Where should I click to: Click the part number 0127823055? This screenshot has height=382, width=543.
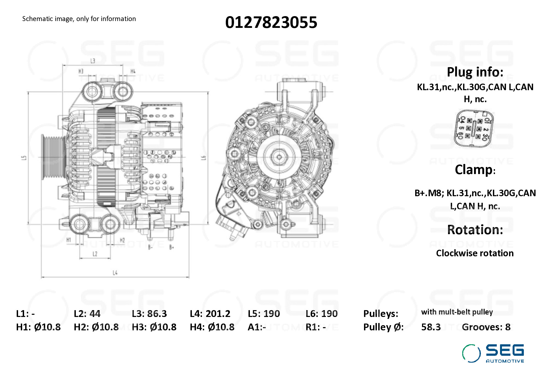coord(271,22)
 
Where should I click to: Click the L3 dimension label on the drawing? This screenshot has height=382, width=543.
coord(93,61)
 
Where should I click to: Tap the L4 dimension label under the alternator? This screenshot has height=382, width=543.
coord(115,272)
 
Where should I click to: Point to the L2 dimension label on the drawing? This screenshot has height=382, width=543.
coord(95,254)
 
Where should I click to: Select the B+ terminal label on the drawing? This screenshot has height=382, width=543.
coord(172,247)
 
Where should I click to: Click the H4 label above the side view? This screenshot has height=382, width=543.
coord(133,71)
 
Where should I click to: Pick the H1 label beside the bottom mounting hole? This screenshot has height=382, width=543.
coord(69,240)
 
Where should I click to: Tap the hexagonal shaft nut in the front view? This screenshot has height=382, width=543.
coord(279,157)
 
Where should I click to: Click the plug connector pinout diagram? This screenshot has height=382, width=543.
coord(473,128)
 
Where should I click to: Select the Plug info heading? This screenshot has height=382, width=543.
coord(475,72)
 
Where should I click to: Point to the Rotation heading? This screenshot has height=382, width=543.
coord(475,230)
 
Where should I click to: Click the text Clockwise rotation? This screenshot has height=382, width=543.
coord(475,253)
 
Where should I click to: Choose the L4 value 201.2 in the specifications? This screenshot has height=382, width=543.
coord(218,314)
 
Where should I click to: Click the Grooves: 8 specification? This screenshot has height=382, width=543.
coord(486,327)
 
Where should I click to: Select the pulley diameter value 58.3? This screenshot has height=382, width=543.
coord(431,327)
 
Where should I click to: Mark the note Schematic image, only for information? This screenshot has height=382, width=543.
coord(79,19)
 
